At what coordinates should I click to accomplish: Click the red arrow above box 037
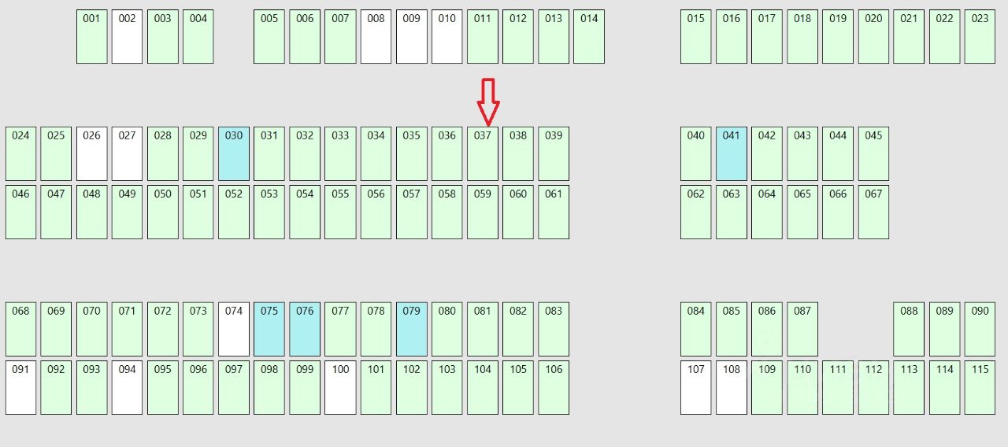(488, 101)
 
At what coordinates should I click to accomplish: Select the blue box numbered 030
(234, 154)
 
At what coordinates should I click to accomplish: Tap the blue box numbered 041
(732, 154)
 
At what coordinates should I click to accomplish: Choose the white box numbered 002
(127, 37)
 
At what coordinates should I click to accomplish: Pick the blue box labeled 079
(412, 330)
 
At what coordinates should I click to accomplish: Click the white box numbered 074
(234, 330)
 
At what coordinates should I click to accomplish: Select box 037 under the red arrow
(483, 154)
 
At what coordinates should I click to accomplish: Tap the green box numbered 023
(980, 37)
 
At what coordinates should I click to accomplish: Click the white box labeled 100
(340, 388)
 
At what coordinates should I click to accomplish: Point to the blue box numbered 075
(269, 330)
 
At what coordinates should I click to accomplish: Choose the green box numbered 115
(980, 388)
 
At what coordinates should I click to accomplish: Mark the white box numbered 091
(20, 388)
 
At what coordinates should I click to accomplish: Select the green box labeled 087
(802, 330)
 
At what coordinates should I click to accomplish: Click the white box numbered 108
(732, 388)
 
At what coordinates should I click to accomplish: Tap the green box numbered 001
(91, 37)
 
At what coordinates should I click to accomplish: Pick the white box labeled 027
(127, 154)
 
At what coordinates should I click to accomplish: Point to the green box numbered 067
(873, 212)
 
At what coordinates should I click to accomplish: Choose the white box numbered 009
(412, 37)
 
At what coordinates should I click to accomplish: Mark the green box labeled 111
(838, 388)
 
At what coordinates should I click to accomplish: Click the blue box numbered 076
(305, 330)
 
